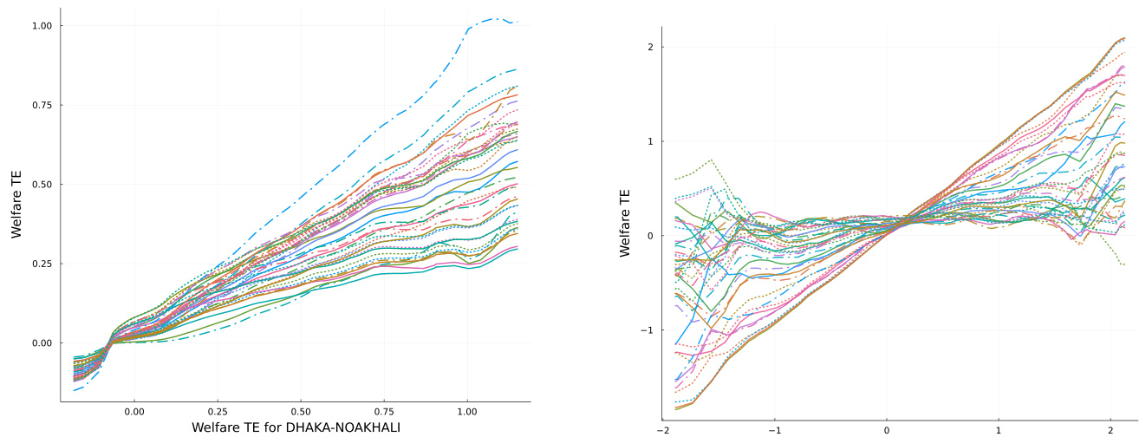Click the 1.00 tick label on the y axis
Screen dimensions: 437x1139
pyautogui.click(x=42, y=26)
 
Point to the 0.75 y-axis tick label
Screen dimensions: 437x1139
pyautogui.click(x=42, y=105)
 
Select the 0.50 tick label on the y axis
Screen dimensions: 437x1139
pyautogui.click(x=42, y=185)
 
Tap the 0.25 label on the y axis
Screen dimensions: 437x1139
pyautogui.click(x=42, y=264)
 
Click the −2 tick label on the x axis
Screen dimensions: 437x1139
pyautogui.click(x=663, y=430)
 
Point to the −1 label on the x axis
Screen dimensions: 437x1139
pyautogui.click(x=775, y=430)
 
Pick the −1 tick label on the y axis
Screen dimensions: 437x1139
pyautogui.click(x=651, y=330)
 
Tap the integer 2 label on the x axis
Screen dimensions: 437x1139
pyautogui.click(x=1110, y=430)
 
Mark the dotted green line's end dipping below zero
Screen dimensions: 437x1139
pyautogui.click(x=1124, y=264)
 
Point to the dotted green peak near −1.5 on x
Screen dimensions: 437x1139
pyautogui.click(x=712, y=160)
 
